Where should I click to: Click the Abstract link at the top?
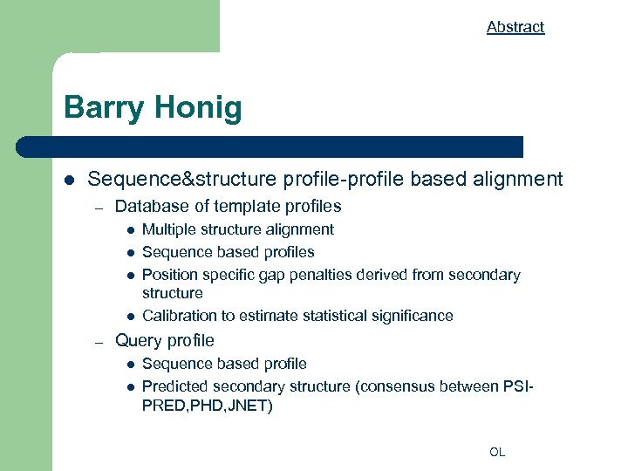515,27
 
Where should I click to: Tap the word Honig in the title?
198,109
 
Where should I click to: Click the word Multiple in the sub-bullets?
168,229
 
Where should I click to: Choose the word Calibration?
178,316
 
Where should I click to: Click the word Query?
137,340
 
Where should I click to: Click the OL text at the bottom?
496,452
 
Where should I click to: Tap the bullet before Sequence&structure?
69,181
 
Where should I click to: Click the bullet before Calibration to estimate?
128,317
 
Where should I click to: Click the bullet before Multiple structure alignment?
128,230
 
